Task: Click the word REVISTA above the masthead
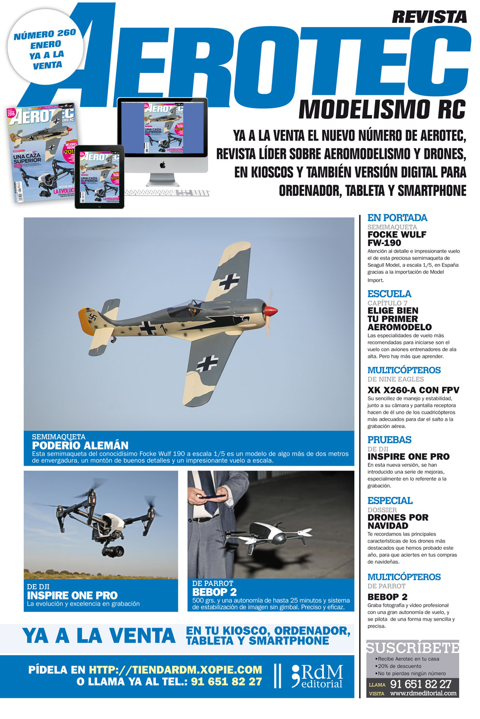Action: click(429, 17)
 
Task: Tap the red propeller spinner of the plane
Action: click(272, 310)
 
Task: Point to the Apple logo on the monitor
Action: click(163, 165)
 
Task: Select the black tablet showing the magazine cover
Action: click(99, 177)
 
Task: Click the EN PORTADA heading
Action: click(397, 218)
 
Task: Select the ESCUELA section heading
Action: click(389, 294)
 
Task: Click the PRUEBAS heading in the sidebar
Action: click(389, 440)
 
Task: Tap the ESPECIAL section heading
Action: click(390, 501)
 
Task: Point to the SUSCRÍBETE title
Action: click(412, 648)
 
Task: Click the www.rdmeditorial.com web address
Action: click(423, 693)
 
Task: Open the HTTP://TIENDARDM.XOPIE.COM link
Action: click(175, 670)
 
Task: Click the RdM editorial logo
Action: click(317, 676)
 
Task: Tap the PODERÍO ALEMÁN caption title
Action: click(80, 446)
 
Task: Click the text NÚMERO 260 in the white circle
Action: click(45, 34)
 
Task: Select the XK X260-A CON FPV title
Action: click(413, 390)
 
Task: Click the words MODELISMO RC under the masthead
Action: click(382, 110)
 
